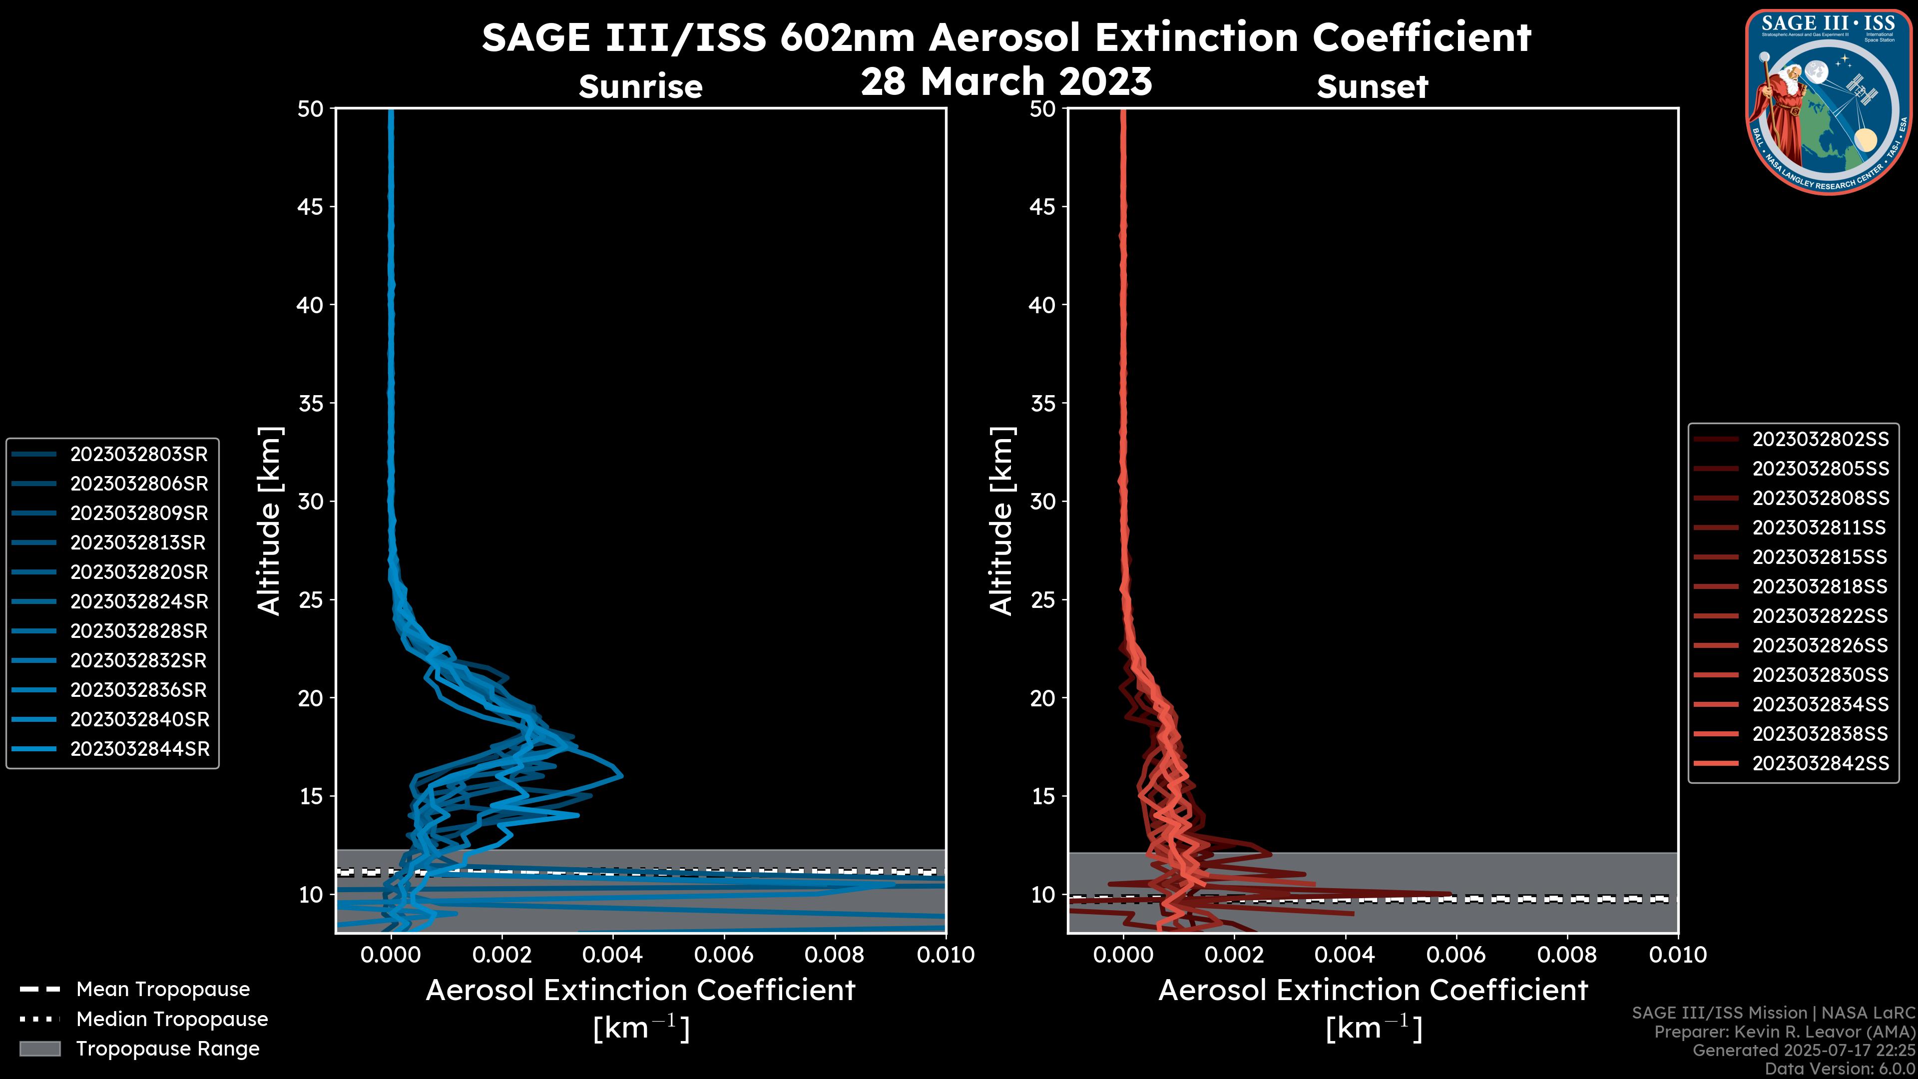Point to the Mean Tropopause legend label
click(163, 989)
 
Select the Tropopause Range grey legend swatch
click(39, 1049)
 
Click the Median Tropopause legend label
click(172, 1019)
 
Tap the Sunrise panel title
click(640, 87)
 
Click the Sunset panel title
click(1372, 87)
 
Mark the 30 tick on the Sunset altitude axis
click(1042, 501)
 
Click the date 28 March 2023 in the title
click(1006, 81)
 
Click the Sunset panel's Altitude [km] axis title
click(1002, 521)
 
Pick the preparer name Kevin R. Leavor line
click(1784, 1032)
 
